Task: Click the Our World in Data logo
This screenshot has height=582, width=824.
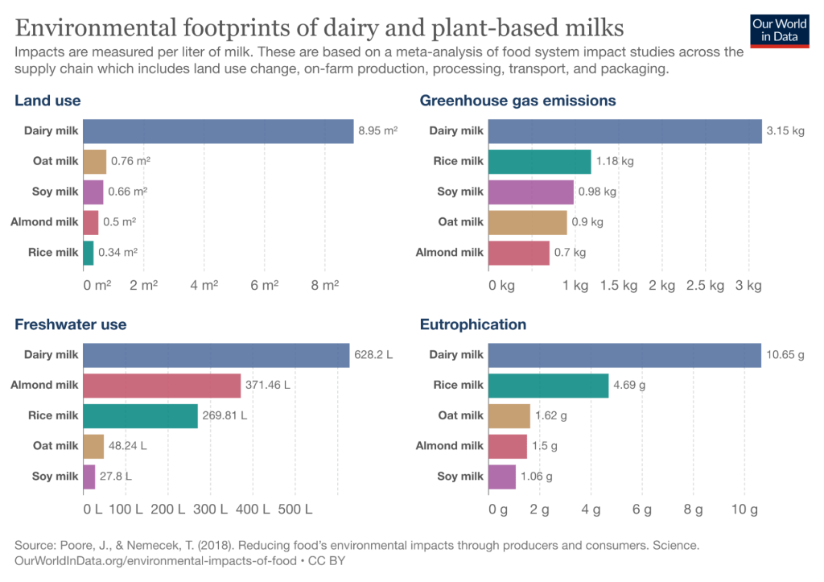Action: [779, 30]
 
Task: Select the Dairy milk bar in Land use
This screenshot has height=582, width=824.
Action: [218, 131]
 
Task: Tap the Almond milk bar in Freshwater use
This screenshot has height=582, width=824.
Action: [162, 386]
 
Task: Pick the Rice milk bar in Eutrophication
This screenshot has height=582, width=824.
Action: [548, 386]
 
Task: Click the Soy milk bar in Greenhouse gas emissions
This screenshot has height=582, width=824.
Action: [531, 192]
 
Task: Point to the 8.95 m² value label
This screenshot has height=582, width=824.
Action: [378, 130]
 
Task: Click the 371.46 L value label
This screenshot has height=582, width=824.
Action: [268, 386]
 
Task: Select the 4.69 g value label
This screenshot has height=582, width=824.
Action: [629, 386]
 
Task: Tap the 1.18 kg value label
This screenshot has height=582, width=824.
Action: [615, 161]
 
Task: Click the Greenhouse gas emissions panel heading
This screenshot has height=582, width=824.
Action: [517, 101]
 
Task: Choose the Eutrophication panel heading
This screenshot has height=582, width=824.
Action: [473, 324]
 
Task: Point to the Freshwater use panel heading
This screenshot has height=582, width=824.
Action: [71, 324]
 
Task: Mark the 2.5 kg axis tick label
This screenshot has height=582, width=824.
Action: [706, 285]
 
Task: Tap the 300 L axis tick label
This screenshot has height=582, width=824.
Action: [211, 510]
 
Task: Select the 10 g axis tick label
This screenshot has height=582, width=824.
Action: [744, 510]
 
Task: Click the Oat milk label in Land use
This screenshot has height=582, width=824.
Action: [56, 161]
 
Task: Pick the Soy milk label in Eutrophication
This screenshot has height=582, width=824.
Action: [460, 477]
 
